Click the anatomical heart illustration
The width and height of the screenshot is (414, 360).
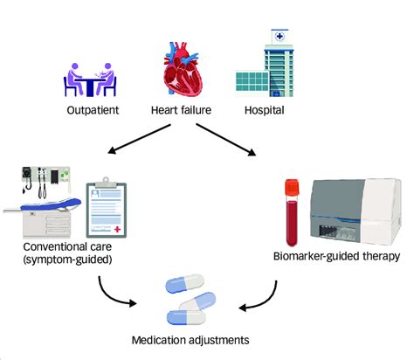[183, 69]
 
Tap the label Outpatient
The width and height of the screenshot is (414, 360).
[93, 110]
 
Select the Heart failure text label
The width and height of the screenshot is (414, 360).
[181, 110]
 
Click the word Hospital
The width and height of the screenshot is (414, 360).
[265, 110]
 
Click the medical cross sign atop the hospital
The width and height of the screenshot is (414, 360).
[279, 37]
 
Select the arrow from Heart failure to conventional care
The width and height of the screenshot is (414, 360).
[139, 139]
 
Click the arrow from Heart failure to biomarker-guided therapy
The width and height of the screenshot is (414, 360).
[226, 140]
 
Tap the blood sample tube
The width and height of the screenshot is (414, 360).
[293, 212]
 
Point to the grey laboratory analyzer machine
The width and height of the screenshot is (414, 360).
[355, 211]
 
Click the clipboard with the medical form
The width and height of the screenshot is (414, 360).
[107, 208]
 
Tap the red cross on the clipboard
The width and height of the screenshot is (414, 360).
[117, 229]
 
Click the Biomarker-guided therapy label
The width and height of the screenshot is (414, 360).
[336, 256]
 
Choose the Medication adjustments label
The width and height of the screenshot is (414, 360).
[190, 340]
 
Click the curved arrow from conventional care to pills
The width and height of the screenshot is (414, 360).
[111, 296]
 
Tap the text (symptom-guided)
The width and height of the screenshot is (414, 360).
[67, 260]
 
